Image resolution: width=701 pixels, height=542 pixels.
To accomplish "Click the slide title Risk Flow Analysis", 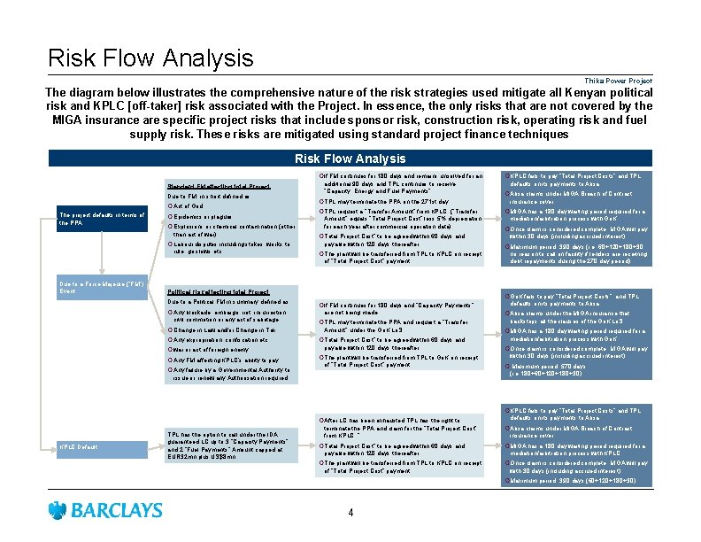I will (150, 58).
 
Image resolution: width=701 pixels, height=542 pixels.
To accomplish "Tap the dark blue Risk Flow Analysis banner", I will (350, 159).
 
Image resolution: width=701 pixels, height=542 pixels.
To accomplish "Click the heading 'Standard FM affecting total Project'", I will (219, 185).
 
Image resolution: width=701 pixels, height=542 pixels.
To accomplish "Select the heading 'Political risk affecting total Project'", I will (219, 291).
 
